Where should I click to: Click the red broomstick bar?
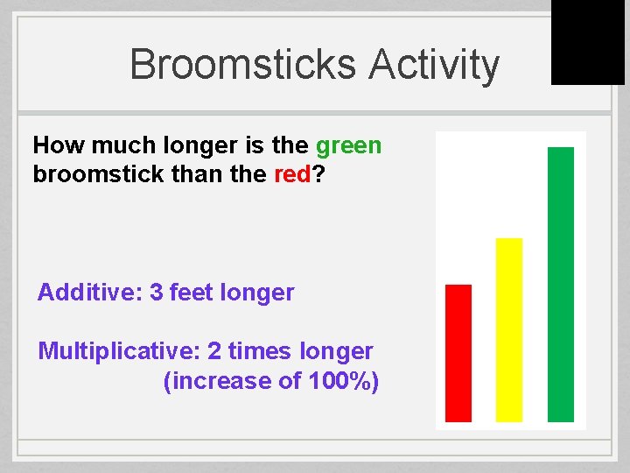[x=458, y=353]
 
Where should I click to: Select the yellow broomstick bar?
[x=509, y=330]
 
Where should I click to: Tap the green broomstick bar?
[x=561, y=285]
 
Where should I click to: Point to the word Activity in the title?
[x=434, y=66]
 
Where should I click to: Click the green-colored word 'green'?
[x=348, y=145]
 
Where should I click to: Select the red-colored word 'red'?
[x=292, y=174]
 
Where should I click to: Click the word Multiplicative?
[x=119, y=351]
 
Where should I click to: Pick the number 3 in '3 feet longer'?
[x=157, y=293]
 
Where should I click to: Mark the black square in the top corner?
[x=587, y=42]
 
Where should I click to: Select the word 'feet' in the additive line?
[x=190, y=293]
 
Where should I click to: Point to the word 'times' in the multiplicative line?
[x=261, y=351]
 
